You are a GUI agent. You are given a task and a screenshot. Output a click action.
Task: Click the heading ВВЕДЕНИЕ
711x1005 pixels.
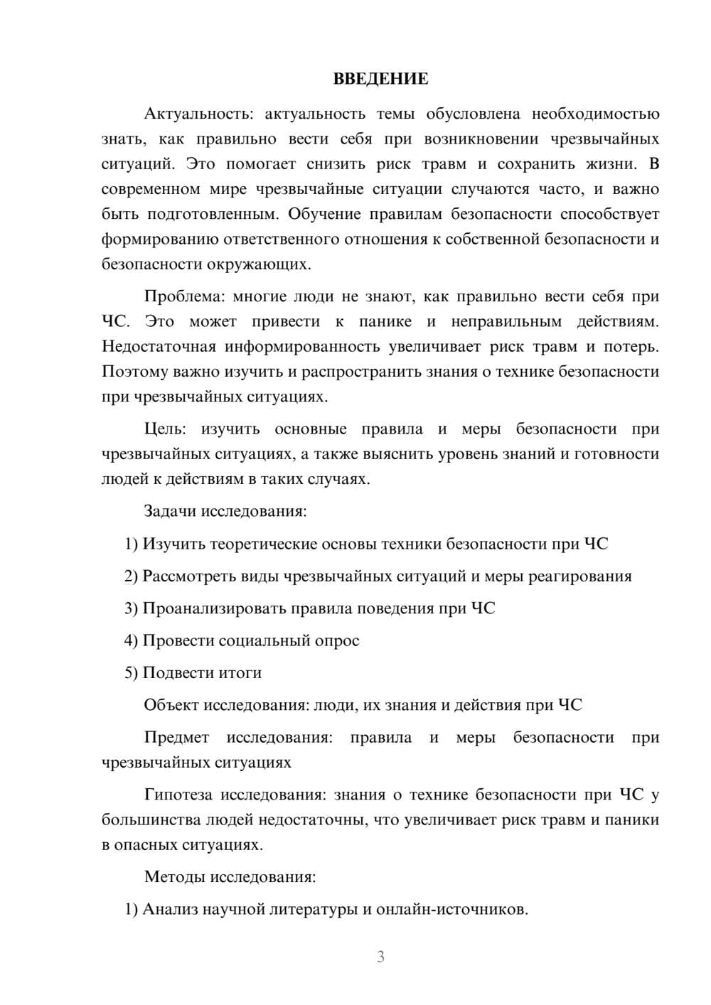(380, 79)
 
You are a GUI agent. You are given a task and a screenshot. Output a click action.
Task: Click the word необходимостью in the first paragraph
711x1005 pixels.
(595, 114)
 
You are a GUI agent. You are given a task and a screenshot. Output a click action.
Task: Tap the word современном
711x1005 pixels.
(147, 189)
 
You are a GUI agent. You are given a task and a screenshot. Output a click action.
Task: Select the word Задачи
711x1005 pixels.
(171, 511)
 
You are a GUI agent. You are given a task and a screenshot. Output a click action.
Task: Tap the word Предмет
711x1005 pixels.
(176, 737)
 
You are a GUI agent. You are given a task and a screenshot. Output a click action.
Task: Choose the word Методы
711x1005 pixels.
(174, 876)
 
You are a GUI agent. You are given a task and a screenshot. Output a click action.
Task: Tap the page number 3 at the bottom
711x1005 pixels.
(380, 957)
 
